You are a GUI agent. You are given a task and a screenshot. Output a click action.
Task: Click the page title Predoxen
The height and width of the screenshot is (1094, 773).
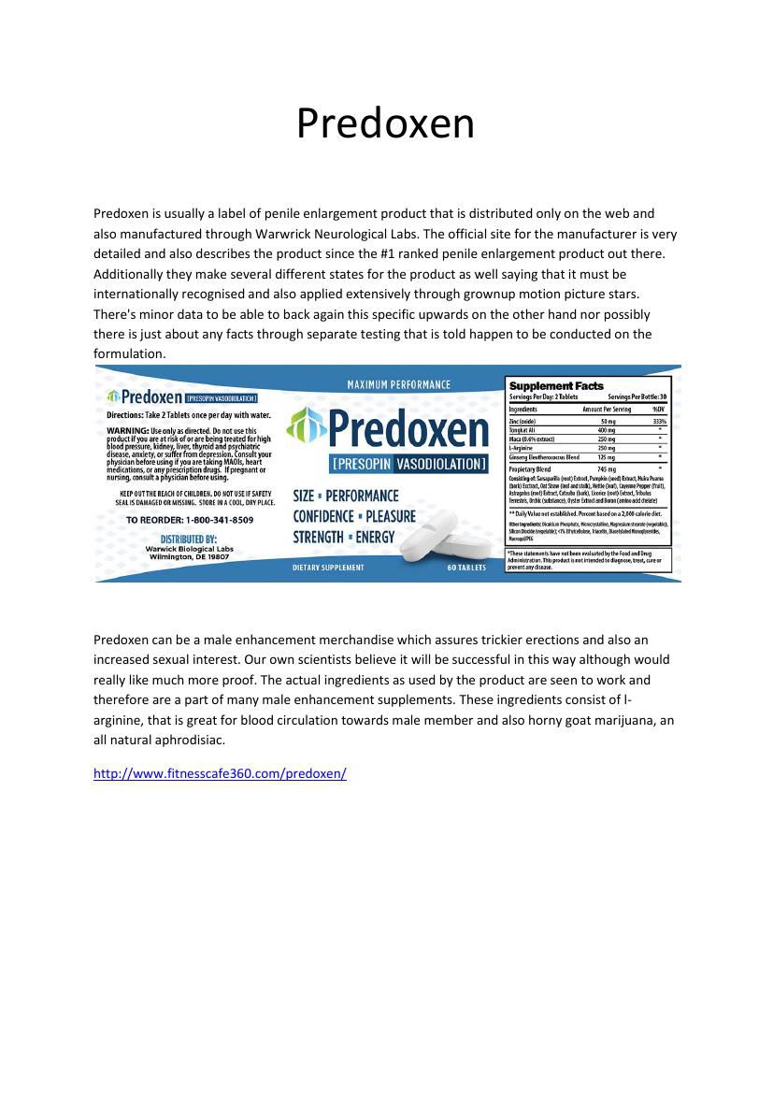click(x=385, y=123)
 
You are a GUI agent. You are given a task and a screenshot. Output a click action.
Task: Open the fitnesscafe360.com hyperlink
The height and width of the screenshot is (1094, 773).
click(x=220, y=773)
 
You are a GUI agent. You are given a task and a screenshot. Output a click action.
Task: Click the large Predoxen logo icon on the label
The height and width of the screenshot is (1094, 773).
click(x=306, y=427)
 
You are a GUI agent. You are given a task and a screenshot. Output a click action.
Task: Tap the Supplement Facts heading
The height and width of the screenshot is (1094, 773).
click(x=556, y=385)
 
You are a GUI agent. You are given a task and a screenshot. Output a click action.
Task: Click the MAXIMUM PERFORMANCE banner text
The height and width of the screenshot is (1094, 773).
click(x=398, y=384)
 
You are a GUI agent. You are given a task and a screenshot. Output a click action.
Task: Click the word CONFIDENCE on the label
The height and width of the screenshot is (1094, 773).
click(x=323, y=516)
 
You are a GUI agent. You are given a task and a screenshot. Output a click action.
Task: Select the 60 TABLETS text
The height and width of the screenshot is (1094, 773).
click(x=466, y=568)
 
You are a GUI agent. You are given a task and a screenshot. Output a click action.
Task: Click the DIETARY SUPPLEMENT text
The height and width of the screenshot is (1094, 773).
click(x=328, y=568)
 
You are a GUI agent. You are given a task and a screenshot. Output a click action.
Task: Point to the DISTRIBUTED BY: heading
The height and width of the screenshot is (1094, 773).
click(x=189, y=539)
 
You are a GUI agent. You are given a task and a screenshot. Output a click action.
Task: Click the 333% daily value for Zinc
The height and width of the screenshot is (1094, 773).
click(x=660, y=422)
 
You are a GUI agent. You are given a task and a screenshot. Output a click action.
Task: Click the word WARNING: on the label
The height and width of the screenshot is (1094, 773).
click(x=127, y=431)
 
